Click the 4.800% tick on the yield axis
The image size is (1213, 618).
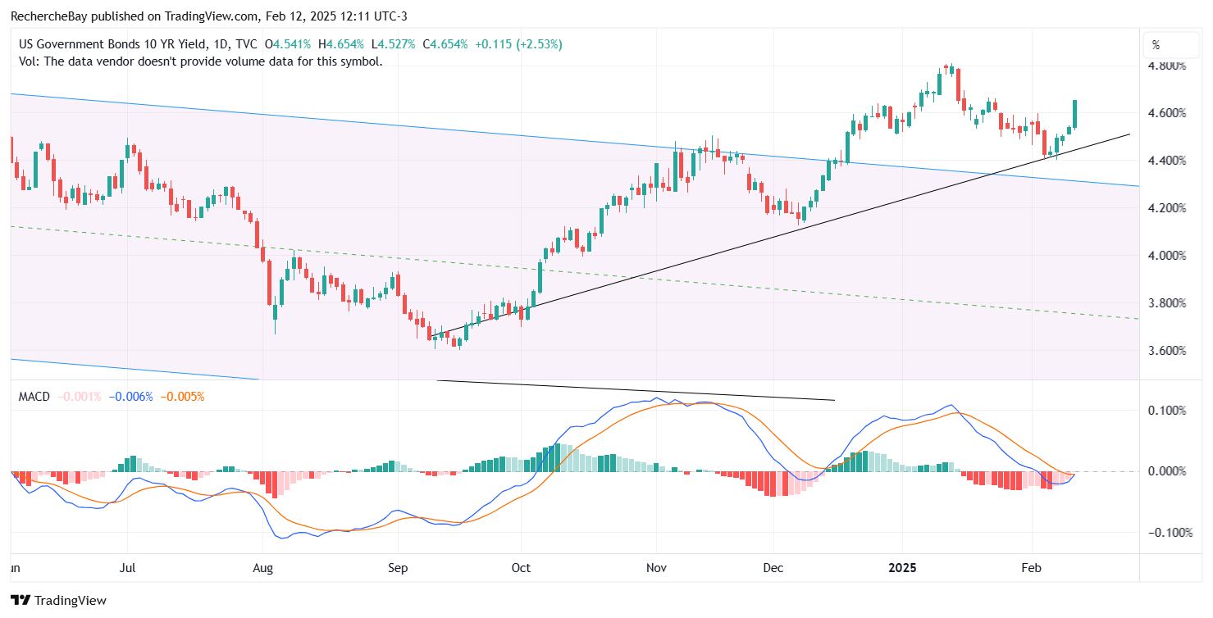point(1168,66)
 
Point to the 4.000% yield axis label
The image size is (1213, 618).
point(1168,256)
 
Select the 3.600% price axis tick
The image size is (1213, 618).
point(1168,351)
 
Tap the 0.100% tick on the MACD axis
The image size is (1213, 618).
point(1168,410)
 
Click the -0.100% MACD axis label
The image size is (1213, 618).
point(1165,533)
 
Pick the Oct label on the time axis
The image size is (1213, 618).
point(521,567)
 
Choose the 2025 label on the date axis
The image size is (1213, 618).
point(901,567)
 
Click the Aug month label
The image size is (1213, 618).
point(262,567)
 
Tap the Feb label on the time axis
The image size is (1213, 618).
point(1031,567)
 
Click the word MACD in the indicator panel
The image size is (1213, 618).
point(34,397)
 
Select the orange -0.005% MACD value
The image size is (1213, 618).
point(182,397)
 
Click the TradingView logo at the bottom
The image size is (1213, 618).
point(59,600)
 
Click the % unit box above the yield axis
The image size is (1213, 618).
point(1156,45)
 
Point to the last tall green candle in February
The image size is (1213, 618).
point(1075,113)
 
